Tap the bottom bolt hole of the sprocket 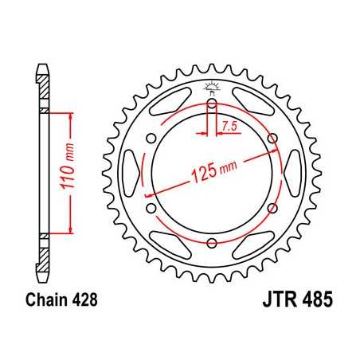click(212, 244)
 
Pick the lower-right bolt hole click(273, 209)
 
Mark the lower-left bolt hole click(151, 209)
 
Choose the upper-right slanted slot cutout click(255, 100)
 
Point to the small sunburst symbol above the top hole click(212, 88)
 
